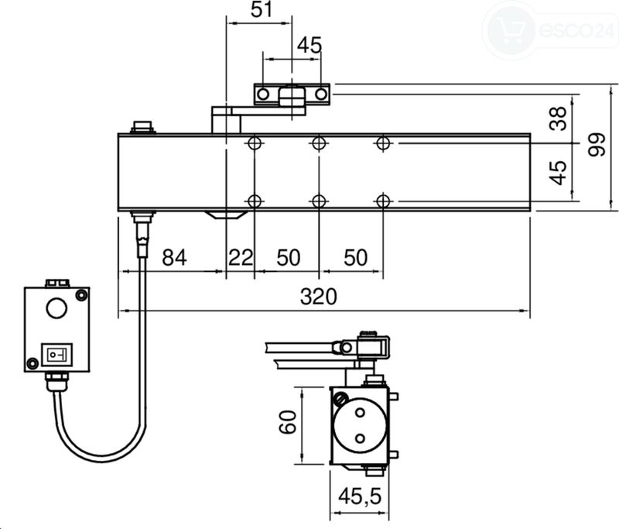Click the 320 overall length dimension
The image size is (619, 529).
319,297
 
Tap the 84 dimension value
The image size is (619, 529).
174,257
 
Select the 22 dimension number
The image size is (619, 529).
241,258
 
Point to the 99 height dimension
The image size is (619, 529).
597,145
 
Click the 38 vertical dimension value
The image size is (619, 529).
558,119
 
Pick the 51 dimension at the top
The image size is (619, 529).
262,9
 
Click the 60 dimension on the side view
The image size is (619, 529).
288,422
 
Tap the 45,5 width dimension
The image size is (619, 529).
360,496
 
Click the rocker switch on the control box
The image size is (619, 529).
56,355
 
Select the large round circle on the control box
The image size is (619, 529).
56,308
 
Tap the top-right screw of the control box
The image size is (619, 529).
81,295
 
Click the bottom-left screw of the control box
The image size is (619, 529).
32,362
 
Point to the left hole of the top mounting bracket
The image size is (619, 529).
263,94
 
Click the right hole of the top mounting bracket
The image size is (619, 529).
321,94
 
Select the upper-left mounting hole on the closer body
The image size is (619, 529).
255,143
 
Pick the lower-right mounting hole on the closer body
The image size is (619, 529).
383,201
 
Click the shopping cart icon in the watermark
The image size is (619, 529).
511,30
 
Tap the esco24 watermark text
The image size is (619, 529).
576,30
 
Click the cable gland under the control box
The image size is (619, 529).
56,381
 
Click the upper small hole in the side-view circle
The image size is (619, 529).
360,413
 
